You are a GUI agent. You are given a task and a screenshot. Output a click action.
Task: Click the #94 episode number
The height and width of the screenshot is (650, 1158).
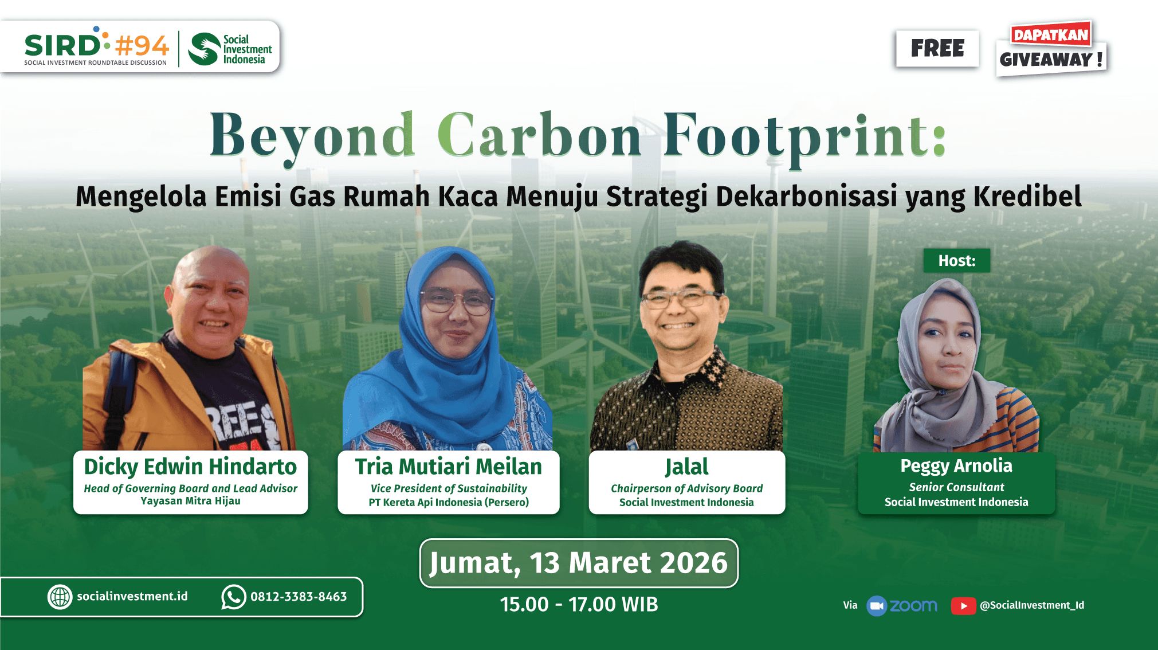(142, 45)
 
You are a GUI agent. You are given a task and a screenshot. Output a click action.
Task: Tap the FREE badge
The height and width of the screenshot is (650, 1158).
(937, 48)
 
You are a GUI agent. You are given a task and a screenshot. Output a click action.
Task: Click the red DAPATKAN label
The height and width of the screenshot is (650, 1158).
(1051, 34)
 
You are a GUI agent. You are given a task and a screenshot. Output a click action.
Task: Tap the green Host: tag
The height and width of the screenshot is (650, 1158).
(956, 261)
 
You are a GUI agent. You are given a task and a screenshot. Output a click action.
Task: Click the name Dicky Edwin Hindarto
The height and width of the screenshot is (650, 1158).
(190, 467)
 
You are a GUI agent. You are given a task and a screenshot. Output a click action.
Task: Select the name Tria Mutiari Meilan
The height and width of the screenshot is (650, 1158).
(448, 467)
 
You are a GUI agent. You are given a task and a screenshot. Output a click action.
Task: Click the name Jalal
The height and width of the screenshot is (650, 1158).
(686, 467)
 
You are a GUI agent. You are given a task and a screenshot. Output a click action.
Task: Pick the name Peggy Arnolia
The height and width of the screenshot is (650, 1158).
(956, 465)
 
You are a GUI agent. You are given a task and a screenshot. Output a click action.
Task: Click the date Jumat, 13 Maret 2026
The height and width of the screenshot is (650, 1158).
(579, 563)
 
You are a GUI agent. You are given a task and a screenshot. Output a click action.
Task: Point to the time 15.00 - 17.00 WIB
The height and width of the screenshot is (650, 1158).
(579, 604)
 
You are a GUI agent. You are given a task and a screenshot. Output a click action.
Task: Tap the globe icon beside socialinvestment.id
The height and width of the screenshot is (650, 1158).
(60, 597)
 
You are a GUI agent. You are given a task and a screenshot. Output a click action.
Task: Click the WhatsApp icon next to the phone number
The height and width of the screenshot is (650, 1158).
(234, 597)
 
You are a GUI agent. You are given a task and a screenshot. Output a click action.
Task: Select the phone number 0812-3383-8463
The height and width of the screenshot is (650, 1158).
(299, 597)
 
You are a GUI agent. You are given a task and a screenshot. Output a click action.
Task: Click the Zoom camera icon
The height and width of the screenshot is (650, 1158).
(877, 606)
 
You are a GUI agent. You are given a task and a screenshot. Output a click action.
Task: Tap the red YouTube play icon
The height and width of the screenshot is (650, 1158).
(963, 606)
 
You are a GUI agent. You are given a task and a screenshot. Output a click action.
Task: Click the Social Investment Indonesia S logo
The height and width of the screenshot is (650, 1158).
(205, 49)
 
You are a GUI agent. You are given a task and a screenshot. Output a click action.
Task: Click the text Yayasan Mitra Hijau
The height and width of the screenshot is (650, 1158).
(190, 501)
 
